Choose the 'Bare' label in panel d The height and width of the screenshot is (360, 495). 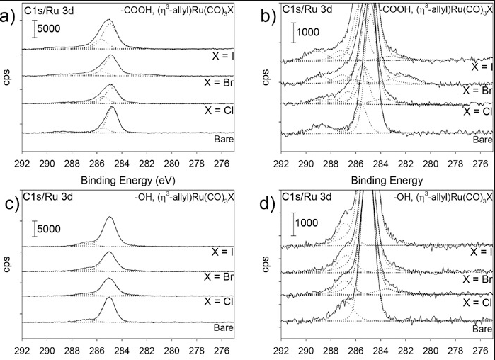(482, 329)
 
